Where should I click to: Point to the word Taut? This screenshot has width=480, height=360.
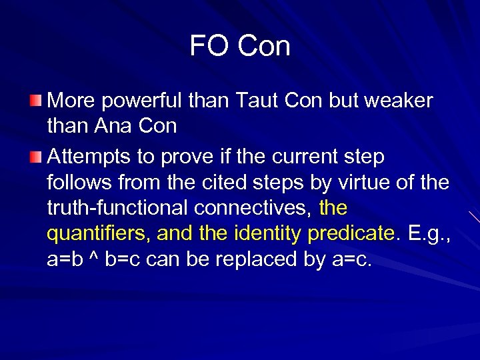coord(257,101)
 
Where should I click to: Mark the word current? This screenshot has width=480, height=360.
coord(304,158)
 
